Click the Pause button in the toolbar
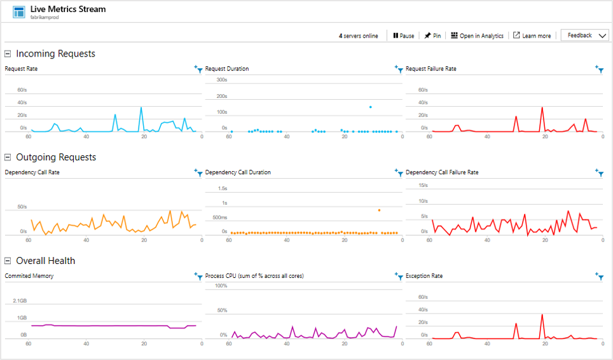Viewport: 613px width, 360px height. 404,36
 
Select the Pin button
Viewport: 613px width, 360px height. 433,36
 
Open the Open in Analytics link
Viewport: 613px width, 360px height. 477,36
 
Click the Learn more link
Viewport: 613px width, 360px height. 532,36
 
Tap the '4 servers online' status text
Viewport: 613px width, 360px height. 358,36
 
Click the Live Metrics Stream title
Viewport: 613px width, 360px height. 68,10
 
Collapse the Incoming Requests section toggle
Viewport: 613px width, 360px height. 8,54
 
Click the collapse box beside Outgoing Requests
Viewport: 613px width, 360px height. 8,157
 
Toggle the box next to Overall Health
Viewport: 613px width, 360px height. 8,261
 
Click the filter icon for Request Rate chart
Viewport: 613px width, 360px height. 198,69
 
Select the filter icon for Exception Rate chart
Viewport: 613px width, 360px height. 599,276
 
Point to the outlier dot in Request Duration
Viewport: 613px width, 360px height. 370,107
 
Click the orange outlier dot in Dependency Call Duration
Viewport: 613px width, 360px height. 379,210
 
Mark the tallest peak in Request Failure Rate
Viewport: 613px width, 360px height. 542,107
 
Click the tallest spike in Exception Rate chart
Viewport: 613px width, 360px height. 542,315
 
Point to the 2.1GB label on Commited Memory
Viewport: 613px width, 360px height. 19,300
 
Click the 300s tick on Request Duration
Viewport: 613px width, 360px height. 222,80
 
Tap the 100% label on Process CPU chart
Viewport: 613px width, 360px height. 221,286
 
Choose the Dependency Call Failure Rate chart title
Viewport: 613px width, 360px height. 442,172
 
